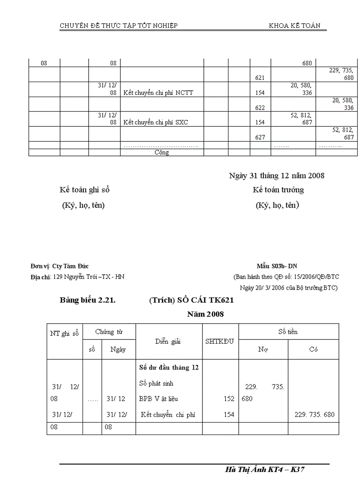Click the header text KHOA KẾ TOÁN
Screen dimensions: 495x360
pos(294,26)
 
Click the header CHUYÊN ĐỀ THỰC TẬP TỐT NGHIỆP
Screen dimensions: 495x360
pos(119,26)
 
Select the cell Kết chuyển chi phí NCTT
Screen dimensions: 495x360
pos(158,93)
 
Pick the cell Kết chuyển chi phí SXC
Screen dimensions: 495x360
pos(156,123)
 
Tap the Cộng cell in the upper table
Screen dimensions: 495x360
pos(161,153)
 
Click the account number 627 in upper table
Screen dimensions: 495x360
pos(260,138)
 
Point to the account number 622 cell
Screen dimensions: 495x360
pos(260,108)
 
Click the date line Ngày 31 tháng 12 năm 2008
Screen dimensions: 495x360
pos(277,176)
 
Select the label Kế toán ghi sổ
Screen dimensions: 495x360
pos(84,190)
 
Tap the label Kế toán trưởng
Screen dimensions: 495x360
pos(278,190)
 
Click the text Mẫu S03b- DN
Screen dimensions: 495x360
pos(277,266)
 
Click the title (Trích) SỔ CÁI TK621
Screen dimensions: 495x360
pos(191,301)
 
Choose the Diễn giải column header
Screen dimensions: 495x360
pos(168,342)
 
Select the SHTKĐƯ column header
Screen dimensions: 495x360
pos(220,342)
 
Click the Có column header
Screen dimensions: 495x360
pos(313,350)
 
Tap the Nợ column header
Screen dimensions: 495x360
pos(263,350)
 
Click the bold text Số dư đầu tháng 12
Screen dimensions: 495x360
pos(169,368)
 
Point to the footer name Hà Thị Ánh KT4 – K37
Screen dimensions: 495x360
pos(265,470)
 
